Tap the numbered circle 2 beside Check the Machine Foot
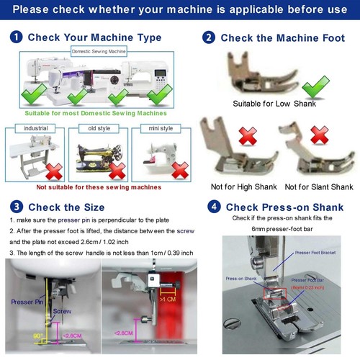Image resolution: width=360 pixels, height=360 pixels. [x=209, y=37]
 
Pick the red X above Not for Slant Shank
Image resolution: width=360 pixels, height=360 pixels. [x=318, y=135]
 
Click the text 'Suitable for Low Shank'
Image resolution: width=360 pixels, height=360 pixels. [x=275, y=104]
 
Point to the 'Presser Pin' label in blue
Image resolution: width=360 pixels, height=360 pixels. [x=25, y=302]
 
